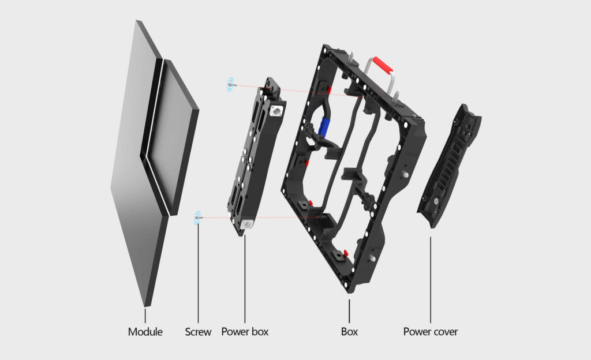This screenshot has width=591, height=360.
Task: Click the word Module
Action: point(145,332)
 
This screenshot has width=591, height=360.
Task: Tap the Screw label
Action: point(198,332)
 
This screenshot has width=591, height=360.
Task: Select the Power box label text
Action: point(245,332)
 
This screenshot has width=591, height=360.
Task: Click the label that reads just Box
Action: point(349,332)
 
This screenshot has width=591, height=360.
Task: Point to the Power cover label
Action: point(430,332)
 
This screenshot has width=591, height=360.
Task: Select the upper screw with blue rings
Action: point(231,85)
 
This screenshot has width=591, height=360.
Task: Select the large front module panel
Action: point(139,167)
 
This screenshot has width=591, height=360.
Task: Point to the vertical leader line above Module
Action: point(145,315)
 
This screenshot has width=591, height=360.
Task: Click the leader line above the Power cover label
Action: point(430,277)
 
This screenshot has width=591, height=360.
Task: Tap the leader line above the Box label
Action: point(349,312)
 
